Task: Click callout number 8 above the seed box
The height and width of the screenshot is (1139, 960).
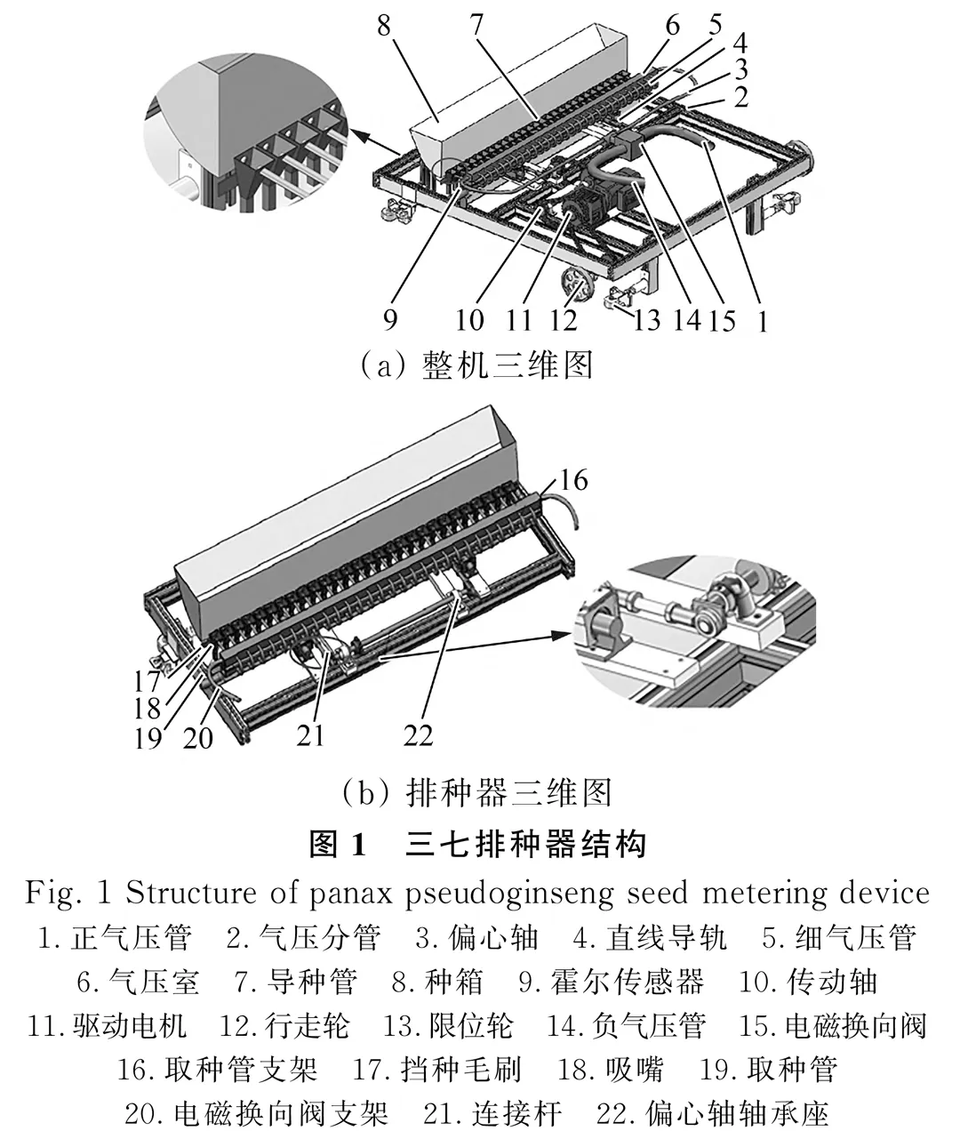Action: coord(384,26)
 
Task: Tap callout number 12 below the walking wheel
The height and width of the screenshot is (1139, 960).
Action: coord(564,319)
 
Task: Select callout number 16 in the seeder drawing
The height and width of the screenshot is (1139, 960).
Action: coord(573,480)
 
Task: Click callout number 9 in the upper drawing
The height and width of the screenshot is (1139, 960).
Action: coord(391,318)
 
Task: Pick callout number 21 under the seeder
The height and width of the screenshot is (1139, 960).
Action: coord(310,734)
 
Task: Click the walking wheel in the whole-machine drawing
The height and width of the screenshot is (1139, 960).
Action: coord(580,288)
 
